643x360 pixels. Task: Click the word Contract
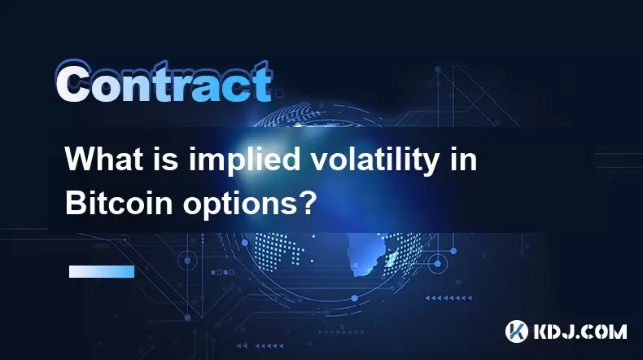(x=164, y=82)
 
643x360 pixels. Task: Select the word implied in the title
(x=244, y=160)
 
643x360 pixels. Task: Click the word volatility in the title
(x=373, y=160)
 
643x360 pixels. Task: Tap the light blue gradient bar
(x=102, y=272)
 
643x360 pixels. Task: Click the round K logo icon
(x=517, y=331)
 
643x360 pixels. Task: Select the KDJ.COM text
(x=580, y=331)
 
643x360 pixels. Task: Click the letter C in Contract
(x=73, y=82)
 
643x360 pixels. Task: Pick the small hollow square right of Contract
(x=280, y=94)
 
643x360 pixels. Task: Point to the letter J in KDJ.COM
(x=567, y=331)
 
